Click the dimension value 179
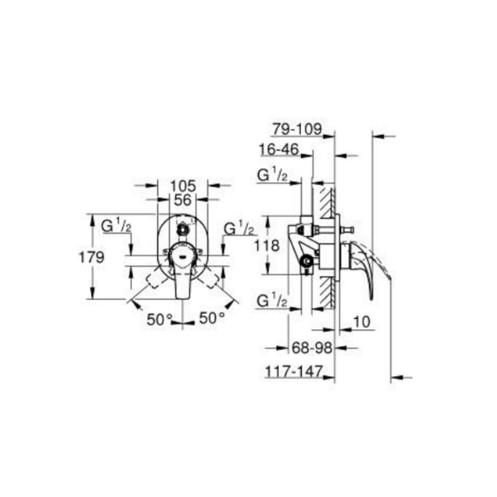click(x=91, y=257)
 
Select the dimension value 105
click(x=183, y=186)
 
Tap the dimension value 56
click(x=183, y=200)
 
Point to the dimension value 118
click(x=267, y=246)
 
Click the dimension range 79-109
click(x=297, y=129)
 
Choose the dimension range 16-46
click(x=279, y=149)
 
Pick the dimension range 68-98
click(x=312, y=348)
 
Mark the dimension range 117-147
click(x=294, y=371)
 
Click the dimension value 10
click(x=362, y=322)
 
